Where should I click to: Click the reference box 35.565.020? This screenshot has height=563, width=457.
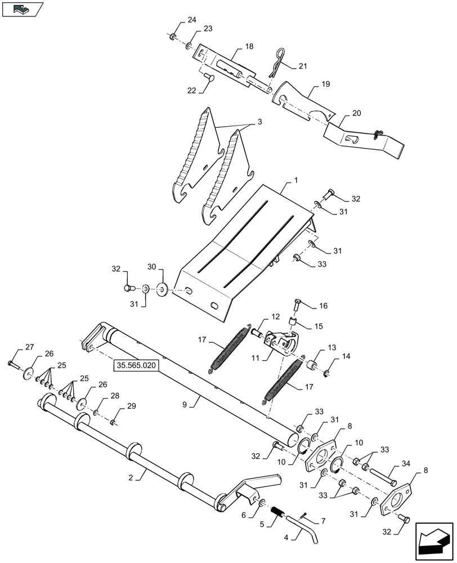137,365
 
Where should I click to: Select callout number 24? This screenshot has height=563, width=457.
192,20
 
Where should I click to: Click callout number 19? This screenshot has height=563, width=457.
325,83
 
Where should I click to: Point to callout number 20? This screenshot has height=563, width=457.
356,113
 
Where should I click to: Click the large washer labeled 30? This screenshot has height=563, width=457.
163,289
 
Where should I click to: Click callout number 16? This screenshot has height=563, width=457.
323,306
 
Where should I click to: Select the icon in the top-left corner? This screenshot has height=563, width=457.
23,9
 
